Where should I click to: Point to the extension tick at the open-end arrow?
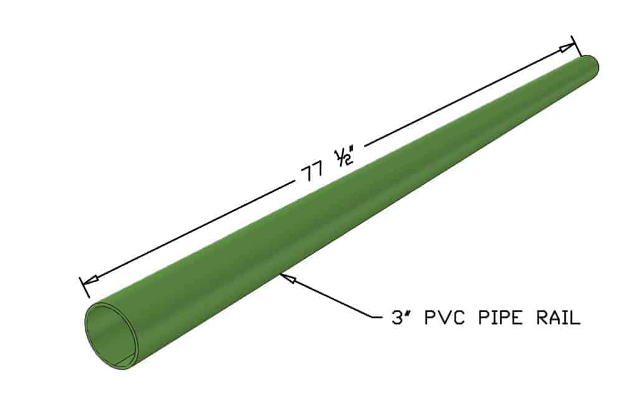point(85,287)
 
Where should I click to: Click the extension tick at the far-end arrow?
point(574,44)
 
